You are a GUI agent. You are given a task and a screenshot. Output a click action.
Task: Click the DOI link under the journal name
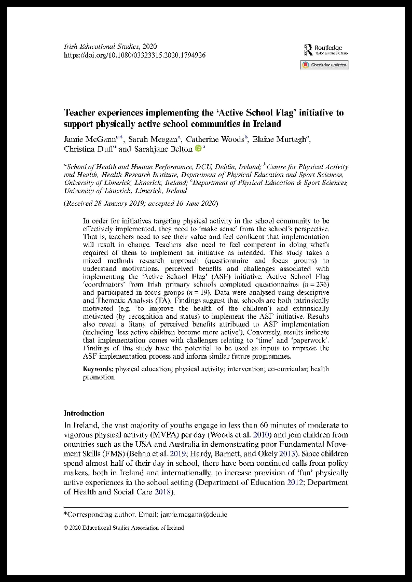click(134, 54)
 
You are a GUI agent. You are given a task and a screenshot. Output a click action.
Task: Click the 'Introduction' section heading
click(84, 413)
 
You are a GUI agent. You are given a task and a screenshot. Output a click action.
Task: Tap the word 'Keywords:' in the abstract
click(98, 369)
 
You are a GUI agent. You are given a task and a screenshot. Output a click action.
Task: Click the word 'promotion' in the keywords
click(99, 377)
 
